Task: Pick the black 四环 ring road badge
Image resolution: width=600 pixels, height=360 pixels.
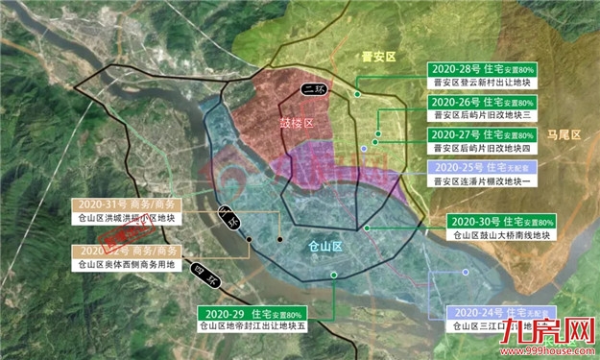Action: pos(205,276)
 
